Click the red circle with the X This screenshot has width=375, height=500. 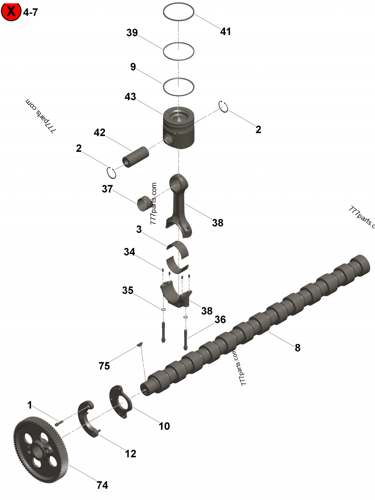point(11,11)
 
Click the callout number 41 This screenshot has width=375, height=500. point(225,31)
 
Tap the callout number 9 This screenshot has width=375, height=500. point(133,67)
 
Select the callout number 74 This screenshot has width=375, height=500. point(102,485)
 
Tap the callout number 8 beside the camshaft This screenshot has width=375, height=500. point(297,348)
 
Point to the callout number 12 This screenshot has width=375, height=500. point(130,454)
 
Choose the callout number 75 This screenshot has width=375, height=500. point(104,366)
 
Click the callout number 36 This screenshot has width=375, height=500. point(220,320)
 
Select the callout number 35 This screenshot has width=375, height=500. point(127,290)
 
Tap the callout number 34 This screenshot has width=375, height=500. point(129,252)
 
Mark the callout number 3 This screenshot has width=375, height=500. point(139,229)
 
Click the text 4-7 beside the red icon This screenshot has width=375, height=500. point(30,12)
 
